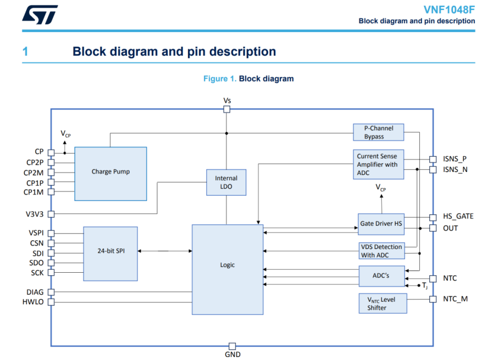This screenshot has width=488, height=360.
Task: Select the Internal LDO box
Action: (x=226, y=182)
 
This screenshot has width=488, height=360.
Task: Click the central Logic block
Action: (x=227, y=269)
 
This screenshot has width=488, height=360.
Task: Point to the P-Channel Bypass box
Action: (x=378, y=132)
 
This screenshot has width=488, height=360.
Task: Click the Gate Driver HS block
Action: (x=381, y=224)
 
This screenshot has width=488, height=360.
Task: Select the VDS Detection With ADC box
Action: (x=381, y=251)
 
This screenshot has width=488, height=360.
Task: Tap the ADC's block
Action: (x=381, y=276)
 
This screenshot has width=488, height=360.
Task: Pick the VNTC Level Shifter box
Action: (x=382, y=303)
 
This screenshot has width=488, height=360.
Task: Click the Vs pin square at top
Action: (x=227, y=109)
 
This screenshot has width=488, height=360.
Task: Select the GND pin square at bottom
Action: (x=232, y=346)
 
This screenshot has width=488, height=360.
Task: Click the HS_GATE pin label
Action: (x=458, y=216)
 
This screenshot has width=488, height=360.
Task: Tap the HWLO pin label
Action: (x=33, y=302)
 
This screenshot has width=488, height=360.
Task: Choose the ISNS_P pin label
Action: (x=454, y=159)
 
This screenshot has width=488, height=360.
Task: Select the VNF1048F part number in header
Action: (x=449, y=9)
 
